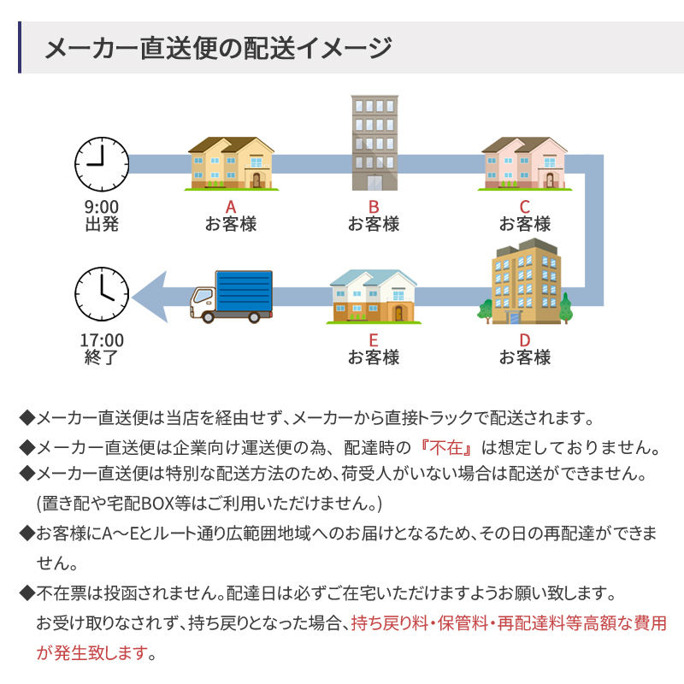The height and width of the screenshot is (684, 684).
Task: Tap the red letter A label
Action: click(230, 206)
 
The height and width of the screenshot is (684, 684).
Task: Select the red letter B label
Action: click(374, 206)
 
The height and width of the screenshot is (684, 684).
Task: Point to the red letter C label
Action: click(525, 206)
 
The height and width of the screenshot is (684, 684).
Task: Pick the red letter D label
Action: click(525, 339)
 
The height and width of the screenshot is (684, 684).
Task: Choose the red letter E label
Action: click(374, 339)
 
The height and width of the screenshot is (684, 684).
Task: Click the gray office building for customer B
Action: click(374, 142)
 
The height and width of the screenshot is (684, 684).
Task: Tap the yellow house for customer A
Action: click(231, 162)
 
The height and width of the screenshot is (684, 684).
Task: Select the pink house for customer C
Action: click(525, 162)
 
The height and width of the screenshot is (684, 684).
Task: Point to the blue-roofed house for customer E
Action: click(374, 296)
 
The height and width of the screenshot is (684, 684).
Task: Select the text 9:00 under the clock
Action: click(102, 206)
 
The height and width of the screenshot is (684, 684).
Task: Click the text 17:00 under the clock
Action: click(102, 339)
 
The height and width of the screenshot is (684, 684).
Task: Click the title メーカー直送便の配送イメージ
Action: click(218, 47)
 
